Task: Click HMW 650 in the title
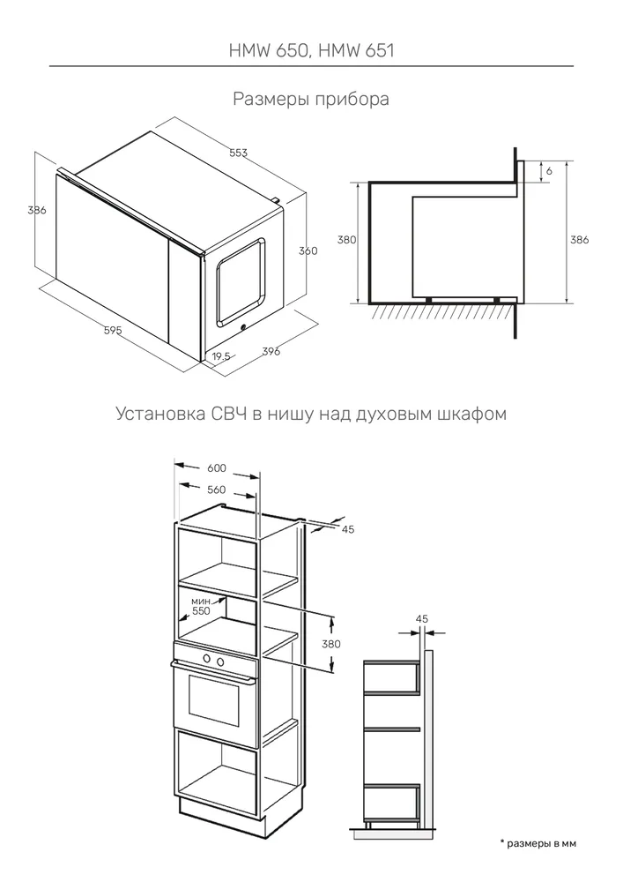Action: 266,50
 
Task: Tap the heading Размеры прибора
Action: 311,99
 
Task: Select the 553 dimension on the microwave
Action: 238,153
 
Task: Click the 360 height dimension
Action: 308,250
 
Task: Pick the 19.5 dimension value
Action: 220,356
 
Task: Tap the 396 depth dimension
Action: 271,352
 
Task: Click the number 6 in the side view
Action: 549,170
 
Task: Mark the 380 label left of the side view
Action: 347,240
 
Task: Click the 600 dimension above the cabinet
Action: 216,467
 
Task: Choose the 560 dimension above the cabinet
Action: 216,490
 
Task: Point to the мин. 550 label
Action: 201,605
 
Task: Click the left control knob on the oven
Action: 205,659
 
